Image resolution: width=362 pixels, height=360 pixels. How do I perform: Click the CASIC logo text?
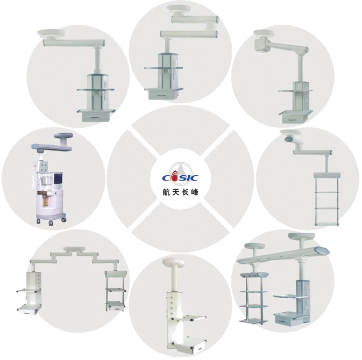point(181,177)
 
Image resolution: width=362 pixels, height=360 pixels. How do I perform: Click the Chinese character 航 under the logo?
point(166,192)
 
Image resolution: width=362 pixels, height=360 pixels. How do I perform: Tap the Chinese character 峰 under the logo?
point(194,192)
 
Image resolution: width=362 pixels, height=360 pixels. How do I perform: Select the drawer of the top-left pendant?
point(96,117)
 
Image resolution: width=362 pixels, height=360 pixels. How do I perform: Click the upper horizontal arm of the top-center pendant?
point(195,19)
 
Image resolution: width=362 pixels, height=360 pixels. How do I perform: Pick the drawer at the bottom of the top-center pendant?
point(163,95)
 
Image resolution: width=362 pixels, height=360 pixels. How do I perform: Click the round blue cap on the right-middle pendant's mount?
point(289,139)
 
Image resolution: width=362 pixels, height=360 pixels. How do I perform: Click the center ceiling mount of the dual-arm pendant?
point(74,249)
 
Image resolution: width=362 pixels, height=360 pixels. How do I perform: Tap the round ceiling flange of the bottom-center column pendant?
point(174,263)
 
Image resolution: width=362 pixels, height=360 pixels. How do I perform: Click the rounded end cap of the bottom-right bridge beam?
point(322,249)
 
